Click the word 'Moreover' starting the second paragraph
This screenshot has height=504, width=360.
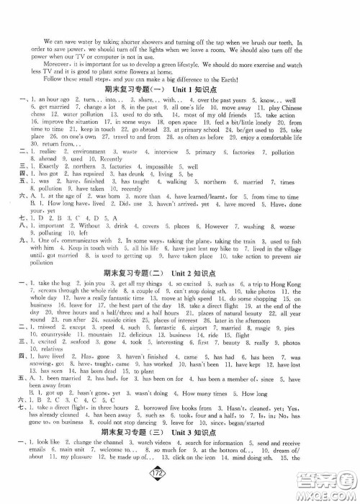42,62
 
